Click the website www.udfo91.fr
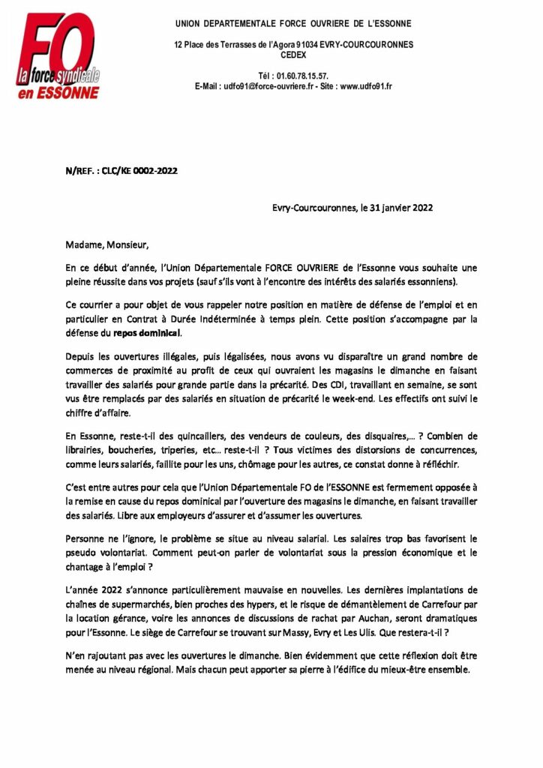point(366,86)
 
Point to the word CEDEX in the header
point(293,55)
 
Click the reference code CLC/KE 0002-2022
point(142,171)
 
